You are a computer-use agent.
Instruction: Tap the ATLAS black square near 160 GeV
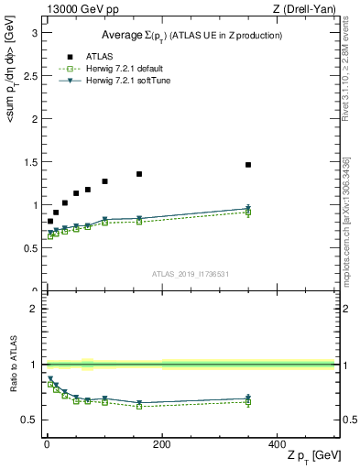pos(139,174)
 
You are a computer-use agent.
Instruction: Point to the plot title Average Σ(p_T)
pos(191,35)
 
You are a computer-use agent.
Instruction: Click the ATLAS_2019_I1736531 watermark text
pos(191,274)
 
